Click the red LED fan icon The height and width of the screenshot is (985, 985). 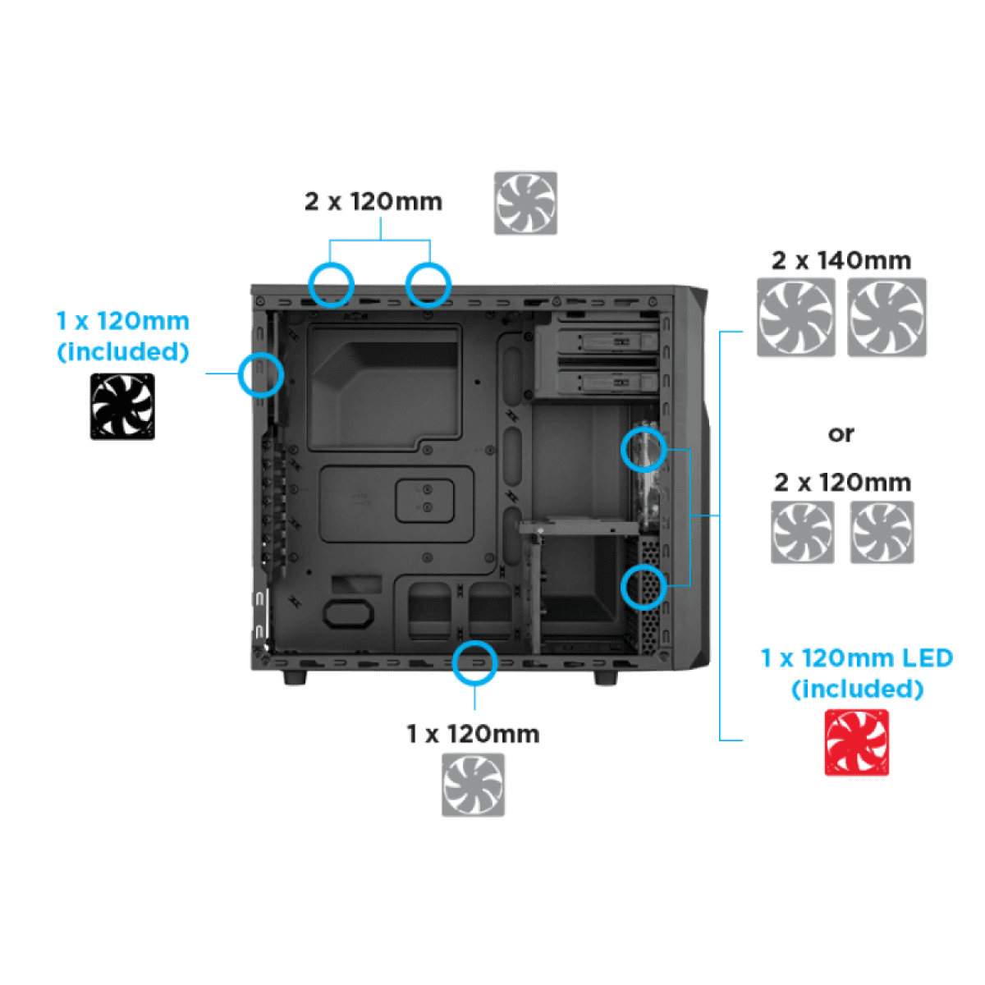tap(856, 742)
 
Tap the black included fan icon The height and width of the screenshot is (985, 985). tap(122, 406)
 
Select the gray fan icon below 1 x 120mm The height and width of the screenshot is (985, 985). tap(474, 785)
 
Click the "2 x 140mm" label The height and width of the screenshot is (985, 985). tap(841, 261)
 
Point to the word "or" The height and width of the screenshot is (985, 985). tap(841, 433)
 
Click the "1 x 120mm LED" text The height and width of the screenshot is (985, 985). tap(856, 658)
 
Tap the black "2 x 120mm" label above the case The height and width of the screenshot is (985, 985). tap(373, 202)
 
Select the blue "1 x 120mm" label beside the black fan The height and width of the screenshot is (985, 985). tap(122, 321)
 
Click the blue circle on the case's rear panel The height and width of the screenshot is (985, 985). tap(260, 375)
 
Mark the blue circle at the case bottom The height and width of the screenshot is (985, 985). tap(475, 662)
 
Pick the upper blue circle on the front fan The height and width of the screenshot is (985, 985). tap(644, 448)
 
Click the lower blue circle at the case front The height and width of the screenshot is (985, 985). tap(644, 586)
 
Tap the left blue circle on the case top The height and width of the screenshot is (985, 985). tap(331, 284)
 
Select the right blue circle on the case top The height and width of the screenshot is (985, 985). tap(428, 284)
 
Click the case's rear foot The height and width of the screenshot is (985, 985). tap(293, 678)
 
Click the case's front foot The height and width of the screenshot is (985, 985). tap(606, 678)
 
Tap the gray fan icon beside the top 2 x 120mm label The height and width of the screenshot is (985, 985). tap(525, 203)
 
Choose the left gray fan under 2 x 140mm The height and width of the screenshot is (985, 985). tap(796, 317)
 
